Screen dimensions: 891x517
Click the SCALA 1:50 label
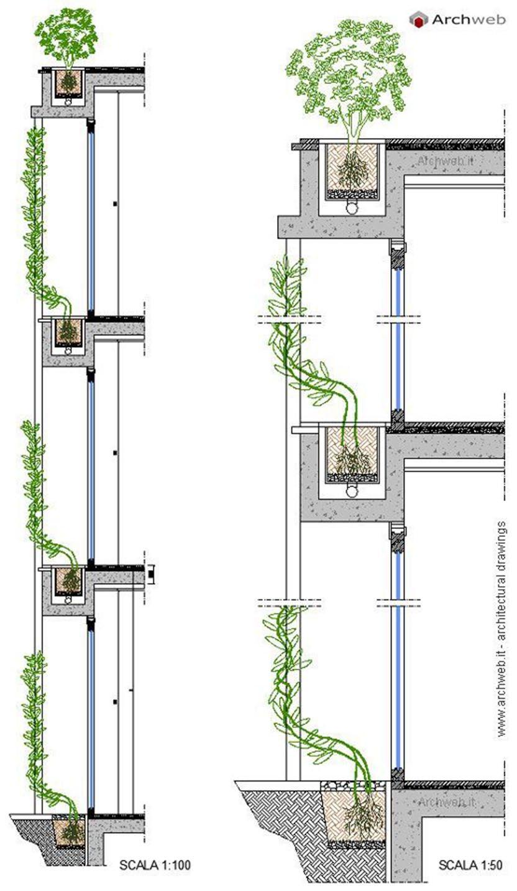[x=470, y=864]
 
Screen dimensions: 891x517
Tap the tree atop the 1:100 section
[x=66, y=37]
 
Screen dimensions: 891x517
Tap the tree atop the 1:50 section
[x=349, y=75]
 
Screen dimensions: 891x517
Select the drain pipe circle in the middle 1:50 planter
[x=352, y=490]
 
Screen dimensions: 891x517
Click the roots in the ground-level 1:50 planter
[x=362, y=815]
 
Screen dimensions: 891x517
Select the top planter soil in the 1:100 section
[x=68, y=83]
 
